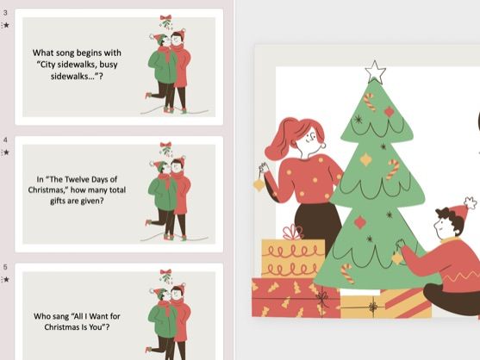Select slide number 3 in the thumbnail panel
pos(118,65)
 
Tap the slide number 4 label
pos(6,140)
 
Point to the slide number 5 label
pos(6,267)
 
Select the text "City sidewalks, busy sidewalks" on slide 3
pos(76,65)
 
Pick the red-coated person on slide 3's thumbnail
pos(181,69)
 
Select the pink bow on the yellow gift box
pos(293,232)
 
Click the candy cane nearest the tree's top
pos(370,101)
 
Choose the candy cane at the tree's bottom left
pos(346,273)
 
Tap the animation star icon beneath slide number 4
pos(6,152)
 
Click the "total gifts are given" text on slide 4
pos(76,201)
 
